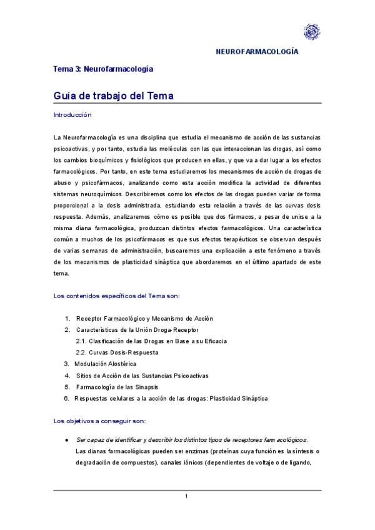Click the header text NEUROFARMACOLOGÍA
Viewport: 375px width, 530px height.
[x=256, y=52]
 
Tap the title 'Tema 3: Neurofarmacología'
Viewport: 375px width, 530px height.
[x=103, y=69]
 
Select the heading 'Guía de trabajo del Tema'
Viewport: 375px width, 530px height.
[x=113, y=96]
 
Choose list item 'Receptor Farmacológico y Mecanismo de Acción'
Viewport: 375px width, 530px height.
[x=144, y=319]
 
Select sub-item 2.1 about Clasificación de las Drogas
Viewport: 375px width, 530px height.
[x=151, y=341]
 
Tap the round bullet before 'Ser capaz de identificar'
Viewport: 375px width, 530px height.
[x=67, y=440]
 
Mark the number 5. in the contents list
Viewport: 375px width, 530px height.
[x=67, y=387]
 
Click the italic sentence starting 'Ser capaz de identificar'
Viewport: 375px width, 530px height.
[x=191, y=440]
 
